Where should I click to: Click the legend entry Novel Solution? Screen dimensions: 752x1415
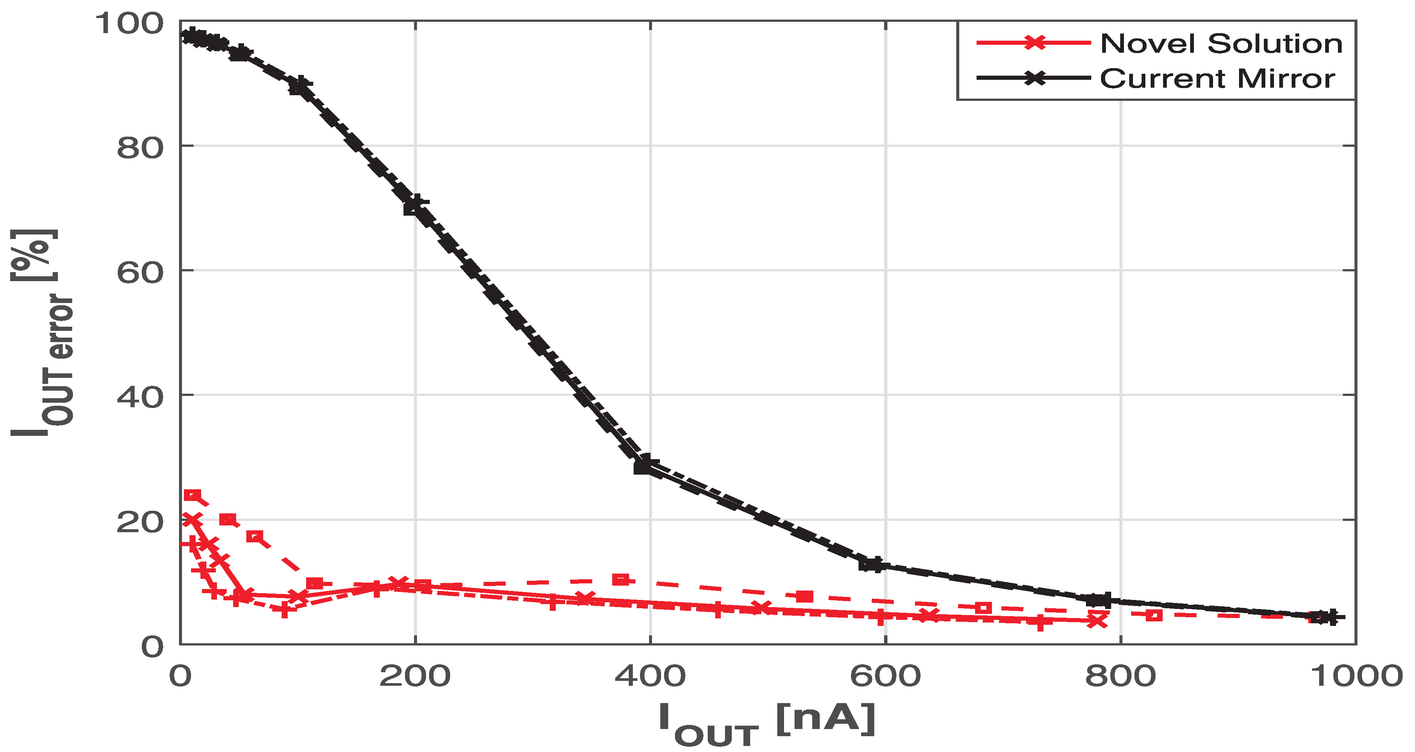[1221, 43]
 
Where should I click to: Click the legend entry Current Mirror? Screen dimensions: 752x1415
[1217, 79]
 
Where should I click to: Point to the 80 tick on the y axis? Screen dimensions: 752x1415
[140, 148]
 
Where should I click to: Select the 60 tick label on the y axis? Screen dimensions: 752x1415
[140, 272]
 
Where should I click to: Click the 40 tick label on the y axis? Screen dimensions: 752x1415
[140, 397]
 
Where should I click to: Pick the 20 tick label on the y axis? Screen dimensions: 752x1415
[140, 522]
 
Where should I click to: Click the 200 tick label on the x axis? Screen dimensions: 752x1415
[415, 676]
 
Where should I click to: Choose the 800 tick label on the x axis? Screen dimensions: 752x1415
[1120, 676]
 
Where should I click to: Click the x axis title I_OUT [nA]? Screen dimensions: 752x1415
[766, 723]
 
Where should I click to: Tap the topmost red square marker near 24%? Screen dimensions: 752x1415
[192, 495]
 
